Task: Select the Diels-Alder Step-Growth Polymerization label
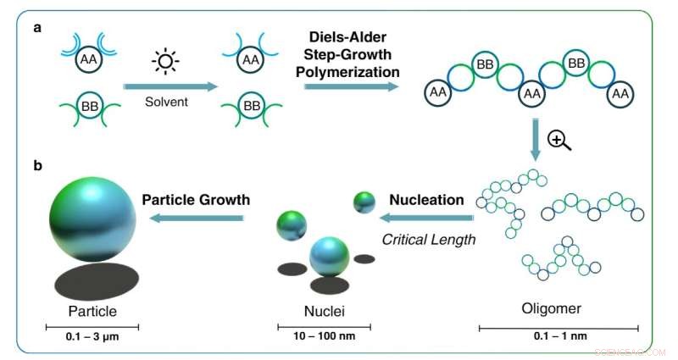[351, 56]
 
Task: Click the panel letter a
[37, 28]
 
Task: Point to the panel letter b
[37, 165]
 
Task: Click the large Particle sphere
[92, 218]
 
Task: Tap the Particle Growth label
[196, 201]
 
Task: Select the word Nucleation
[426, 201]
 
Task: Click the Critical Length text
[429, 239]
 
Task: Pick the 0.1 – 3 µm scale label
[92, 337]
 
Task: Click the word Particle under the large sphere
[92, 311]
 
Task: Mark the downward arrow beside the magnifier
[536, 140]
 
